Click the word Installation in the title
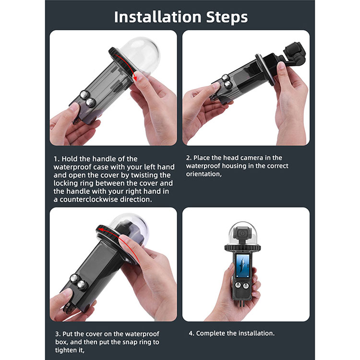(158, 17)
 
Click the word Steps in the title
(227, 17)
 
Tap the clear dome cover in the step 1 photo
(140, 55)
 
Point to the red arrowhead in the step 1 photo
(135, 78)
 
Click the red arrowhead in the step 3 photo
(100, 229)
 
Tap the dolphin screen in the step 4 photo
(242, 266)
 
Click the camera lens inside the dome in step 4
(242, 233)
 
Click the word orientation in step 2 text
(204, 174)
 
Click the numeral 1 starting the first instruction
(56, 159)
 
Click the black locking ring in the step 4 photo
(243, 248)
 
